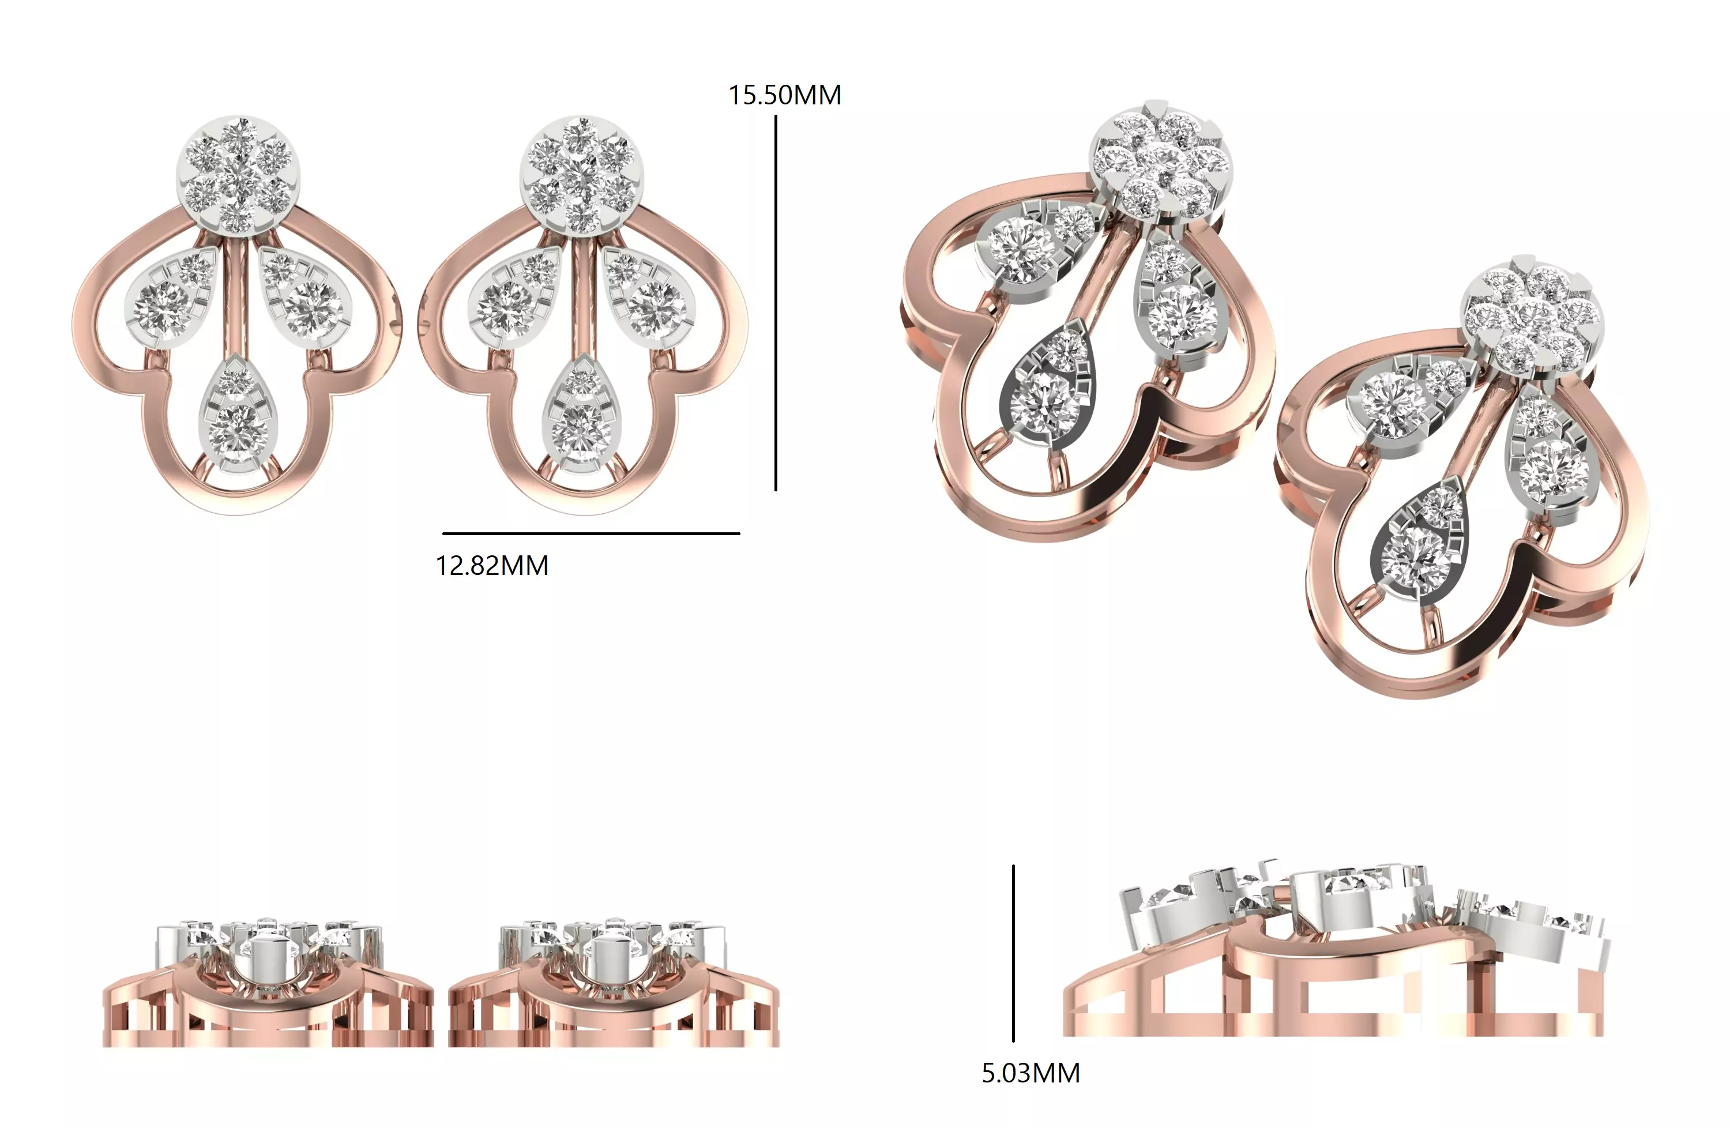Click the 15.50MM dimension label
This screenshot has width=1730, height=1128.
click(x=784, y=95)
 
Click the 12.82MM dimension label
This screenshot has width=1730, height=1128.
click(x=491, y=566)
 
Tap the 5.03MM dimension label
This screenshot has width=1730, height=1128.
click(x=1030, y=1073)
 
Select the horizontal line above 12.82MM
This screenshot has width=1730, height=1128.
click(x=591, y=533)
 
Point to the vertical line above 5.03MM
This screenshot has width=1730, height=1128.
click(x=1013, y=952)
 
